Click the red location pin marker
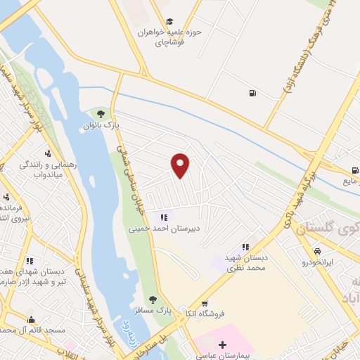coord(181,165)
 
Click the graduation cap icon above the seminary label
coord(168,22)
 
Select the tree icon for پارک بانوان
coord(101,113)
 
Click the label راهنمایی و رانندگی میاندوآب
coord(48,168)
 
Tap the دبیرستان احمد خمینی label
coord(163,229)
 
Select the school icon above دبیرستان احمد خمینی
coord(164,217)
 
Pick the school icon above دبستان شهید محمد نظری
coord(245,247)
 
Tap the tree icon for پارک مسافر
coord(153,300)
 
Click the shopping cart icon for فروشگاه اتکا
coord(205,304)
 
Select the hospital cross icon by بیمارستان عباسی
coord(223,345)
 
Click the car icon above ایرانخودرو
coord(318,251)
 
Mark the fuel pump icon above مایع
coord(355,169)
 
